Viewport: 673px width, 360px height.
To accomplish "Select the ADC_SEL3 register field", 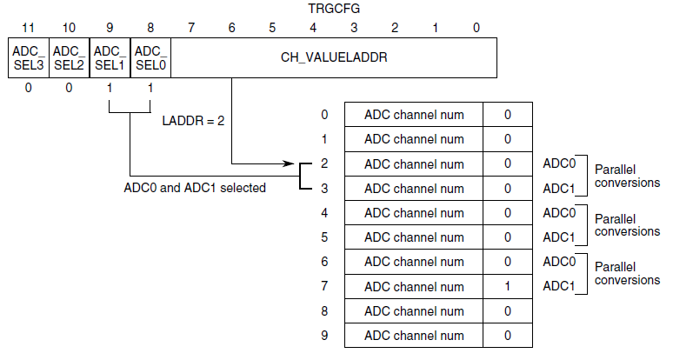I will (28, 57).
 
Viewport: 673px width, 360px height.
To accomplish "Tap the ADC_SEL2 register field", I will (69, 57).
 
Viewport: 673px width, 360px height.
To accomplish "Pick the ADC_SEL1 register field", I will (110, 57).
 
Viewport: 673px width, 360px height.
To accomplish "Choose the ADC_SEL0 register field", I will (150, 57).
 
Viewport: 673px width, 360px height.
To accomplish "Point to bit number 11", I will (28, 28).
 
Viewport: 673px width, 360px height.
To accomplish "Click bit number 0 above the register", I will (476, 28).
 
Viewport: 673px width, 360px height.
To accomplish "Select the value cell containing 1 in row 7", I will (508, 286).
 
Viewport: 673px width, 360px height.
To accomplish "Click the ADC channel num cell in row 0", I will (413, 115).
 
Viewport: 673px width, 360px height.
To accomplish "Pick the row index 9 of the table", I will (324, 335).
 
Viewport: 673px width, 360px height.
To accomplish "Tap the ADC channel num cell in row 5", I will (413, 237).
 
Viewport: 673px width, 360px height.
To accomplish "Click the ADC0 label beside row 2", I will (559, 163).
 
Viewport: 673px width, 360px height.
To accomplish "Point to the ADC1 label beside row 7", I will (559, 286).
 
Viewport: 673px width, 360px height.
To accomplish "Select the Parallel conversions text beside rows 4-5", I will (627, 225).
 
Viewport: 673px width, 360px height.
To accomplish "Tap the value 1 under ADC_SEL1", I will (110, 88).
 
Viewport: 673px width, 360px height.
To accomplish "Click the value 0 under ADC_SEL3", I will (28, 88).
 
